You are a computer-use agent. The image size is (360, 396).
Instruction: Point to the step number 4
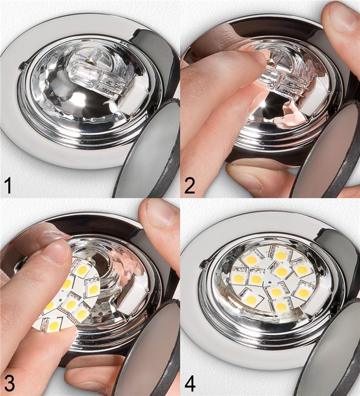190,383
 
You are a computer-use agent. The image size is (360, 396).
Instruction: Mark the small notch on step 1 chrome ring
21,66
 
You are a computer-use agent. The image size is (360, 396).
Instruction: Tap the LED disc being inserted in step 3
68,297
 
